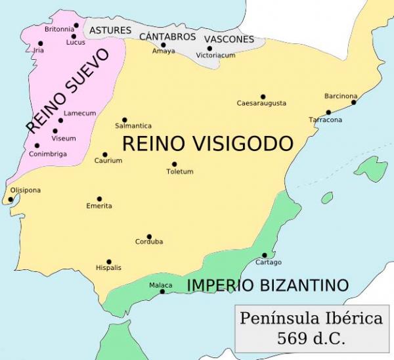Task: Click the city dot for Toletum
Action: (175, 164)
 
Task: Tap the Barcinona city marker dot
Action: (354, 102)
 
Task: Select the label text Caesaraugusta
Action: (261, 104)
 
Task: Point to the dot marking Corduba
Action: (149, 236)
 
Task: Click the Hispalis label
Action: (108, 268)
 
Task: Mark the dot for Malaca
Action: (163, 291)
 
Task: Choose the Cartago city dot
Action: (265, 255)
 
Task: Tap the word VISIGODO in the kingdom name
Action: (248, 144)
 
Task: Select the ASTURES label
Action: (110, 30)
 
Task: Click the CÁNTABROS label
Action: (167, 37)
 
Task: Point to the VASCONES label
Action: (229, 39)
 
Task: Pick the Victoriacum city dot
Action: (209, 48)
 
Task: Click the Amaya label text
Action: (164, 51)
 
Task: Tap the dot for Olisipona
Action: (11, 199)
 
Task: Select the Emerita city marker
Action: (100, 198)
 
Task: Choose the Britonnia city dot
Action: (76, 26)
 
